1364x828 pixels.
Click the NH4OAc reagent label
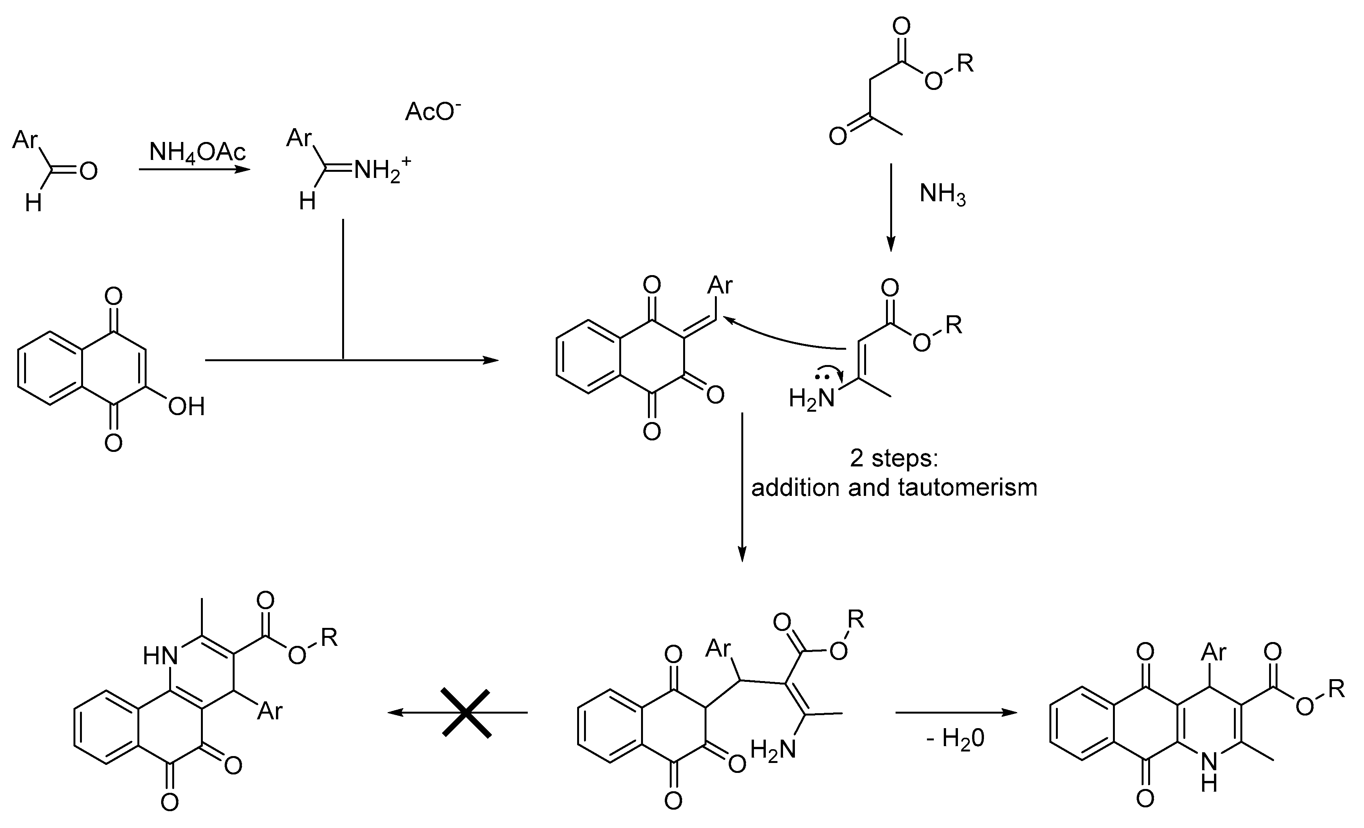pos(197,151)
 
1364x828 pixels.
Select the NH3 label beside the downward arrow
pos(942,194)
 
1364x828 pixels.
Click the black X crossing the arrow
pos(466,713)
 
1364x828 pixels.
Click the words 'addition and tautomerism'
pos(894,487)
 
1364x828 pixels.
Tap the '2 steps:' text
pos(894,459)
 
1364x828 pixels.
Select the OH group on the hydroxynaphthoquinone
pos(186,407)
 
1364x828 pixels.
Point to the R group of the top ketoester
pos(965,64)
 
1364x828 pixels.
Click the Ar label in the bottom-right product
pos(1214,652)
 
